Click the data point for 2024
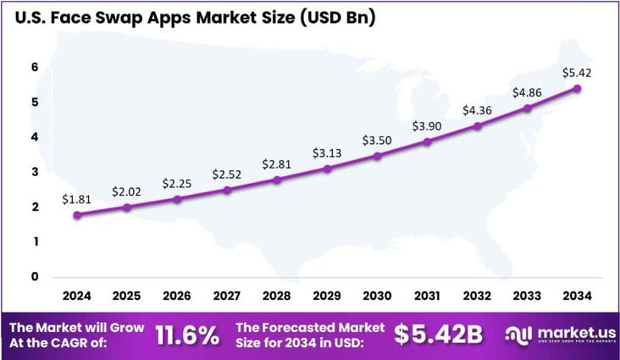[x=77, y=215]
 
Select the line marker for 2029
[x=327, y=169]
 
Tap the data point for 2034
[x=577, y=88]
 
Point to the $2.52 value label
[x=227, y=174]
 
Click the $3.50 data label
[x=377, y=140]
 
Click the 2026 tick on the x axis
[x=177, y=296]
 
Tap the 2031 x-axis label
[x=427, y=296]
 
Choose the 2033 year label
[x=527, y=296]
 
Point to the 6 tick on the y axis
[x=35, y=67]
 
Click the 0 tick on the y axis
[x=35, y=276]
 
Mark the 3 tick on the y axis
[x=35, y=172]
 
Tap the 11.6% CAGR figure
[x=187, y=335]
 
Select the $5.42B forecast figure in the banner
[x=439, y=335]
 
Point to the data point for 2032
[x=477, y=126]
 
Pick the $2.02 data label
[x=127, y=191]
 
